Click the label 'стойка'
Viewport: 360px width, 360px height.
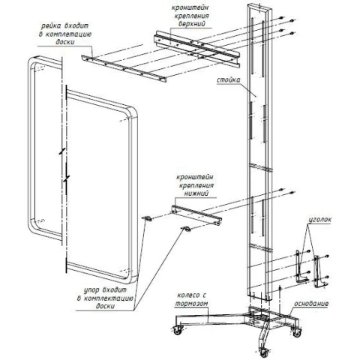pos(228,80)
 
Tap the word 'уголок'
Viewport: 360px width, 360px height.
pos(319,220)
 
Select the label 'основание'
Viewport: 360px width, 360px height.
pos(311,304)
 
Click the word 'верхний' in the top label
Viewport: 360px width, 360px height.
pos(192,24)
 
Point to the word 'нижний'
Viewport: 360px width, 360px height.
pos(196,193)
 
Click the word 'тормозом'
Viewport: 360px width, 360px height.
pos(191,304)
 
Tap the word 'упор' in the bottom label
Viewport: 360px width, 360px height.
pos(91,291)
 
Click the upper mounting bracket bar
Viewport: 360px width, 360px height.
pos(196,49)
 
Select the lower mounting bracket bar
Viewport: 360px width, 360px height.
pos(196,214)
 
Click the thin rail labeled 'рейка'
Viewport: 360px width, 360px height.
pos(124,68)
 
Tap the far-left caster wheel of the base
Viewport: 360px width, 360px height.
pos(177,331)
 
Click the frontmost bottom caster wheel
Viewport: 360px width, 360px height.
pos(263,352)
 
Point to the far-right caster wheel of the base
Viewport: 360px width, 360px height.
pos(297,332)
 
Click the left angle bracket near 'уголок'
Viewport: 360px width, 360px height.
pos(301,267)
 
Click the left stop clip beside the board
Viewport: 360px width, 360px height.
pos(147,218)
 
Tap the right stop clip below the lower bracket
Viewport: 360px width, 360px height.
pos(185,229)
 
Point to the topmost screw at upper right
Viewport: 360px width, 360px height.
pos(281,17)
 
